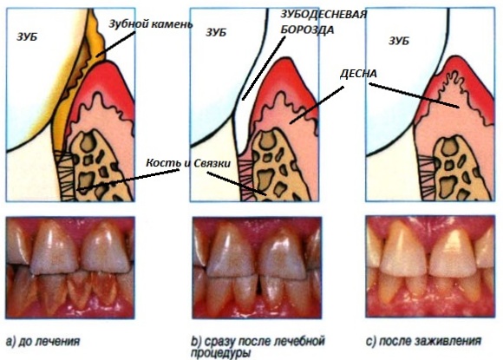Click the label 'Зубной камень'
click(150, 24)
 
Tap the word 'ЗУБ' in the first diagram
click(27, 37)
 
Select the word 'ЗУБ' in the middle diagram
click(216, 32)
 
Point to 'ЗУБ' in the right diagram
click(399, 41)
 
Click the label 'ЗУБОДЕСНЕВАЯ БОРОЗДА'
click(323, 22)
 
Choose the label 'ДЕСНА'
click(358, 74)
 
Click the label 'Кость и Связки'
click(188, 163)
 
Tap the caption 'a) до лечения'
click(42, 342)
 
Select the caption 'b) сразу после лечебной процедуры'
click(258, 346)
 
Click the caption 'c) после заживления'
click(424, 341)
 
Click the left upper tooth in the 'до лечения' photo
click(55, 249)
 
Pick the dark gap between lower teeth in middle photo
click(258, 285)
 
